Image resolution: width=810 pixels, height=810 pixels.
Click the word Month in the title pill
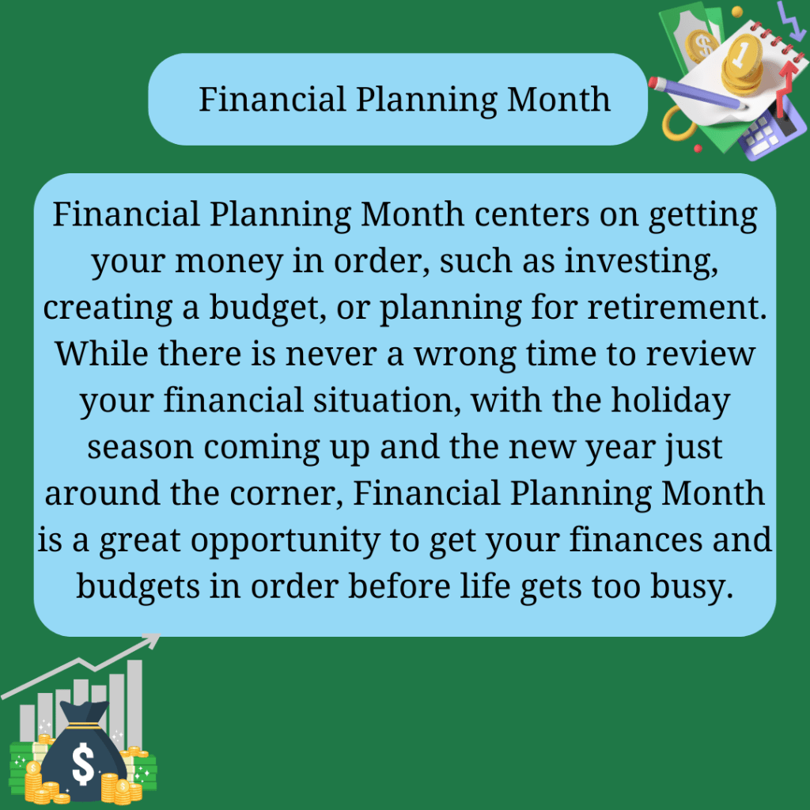(x=558, y=99)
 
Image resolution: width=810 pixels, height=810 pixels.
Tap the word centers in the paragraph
(x=532, y=214)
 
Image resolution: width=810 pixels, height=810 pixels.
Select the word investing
(x=641, y=262)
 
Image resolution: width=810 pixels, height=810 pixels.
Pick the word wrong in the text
(x=465, y=356)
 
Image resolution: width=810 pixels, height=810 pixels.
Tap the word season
(x=140, y=448)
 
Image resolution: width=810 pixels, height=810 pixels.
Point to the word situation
(x=387, y=401)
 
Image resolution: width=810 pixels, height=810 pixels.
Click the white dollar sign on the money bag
(x=82, y=764)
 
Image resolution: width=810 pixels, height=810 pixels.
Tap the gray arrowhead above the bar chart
(x=153, y=640)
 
